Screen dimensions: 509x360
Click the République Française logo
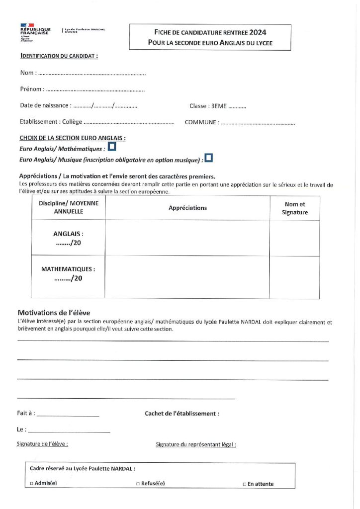tap(34, 31)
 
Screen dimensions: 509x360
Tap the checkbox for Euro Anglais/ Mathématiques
tap(112, 147)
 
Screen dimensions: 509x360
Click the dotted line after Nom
tap(92, 74)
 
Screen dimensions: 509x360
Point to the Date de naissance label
tap(45, 106)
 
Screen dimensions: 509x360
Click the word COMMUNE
tap(201, 122)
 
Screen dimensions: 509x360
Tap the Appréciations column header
tap(187, 208)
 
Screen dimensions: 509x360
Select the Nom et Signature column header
tap(295, 208)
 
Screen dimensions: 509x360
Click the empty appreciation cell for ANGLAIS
tap(187, 238)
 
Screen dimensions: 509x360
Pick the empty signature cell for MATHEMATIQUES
tap(295, 277)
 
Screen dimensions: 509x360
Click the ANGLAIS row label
tap(68, 233)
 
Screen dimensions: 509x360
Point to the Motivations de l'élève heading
tap(54, 313)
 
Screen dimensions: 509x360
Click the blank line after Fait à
tap(68, 415)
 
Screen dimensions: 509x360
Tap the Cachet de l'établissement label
tap(181, 414)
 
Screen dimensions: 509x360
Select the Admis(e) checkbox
tap(32, 483)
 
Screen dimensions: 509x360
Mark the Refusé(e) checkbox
tap(138, 483)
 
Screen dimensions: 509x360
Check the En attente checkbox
tap(244, 484)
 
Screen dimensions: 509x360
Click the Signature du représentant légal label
tap(195, 444)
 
